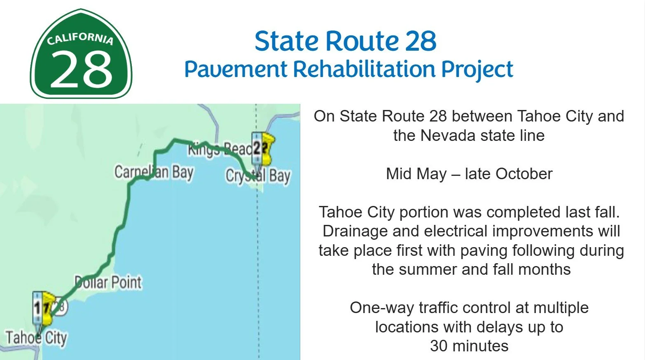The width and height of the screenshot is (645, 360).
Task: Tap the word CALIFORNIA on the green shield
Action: coord(80,38)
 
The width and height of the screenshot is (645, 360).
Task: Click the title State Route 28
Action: coord(345,41)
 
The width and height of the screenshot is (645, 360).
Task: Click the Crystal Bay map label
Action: coord(258,176)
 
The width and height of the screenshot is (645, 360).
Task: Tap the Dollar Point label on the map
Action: coord(108,283)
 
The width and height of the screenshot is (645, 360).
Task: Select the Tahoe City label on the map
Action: coord(36,337)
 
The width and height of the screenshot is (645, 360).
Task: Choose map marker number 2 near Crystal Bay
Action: coord(257,147)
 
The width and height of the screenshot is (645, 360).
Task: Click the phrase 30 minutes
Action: coord(469,346)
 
